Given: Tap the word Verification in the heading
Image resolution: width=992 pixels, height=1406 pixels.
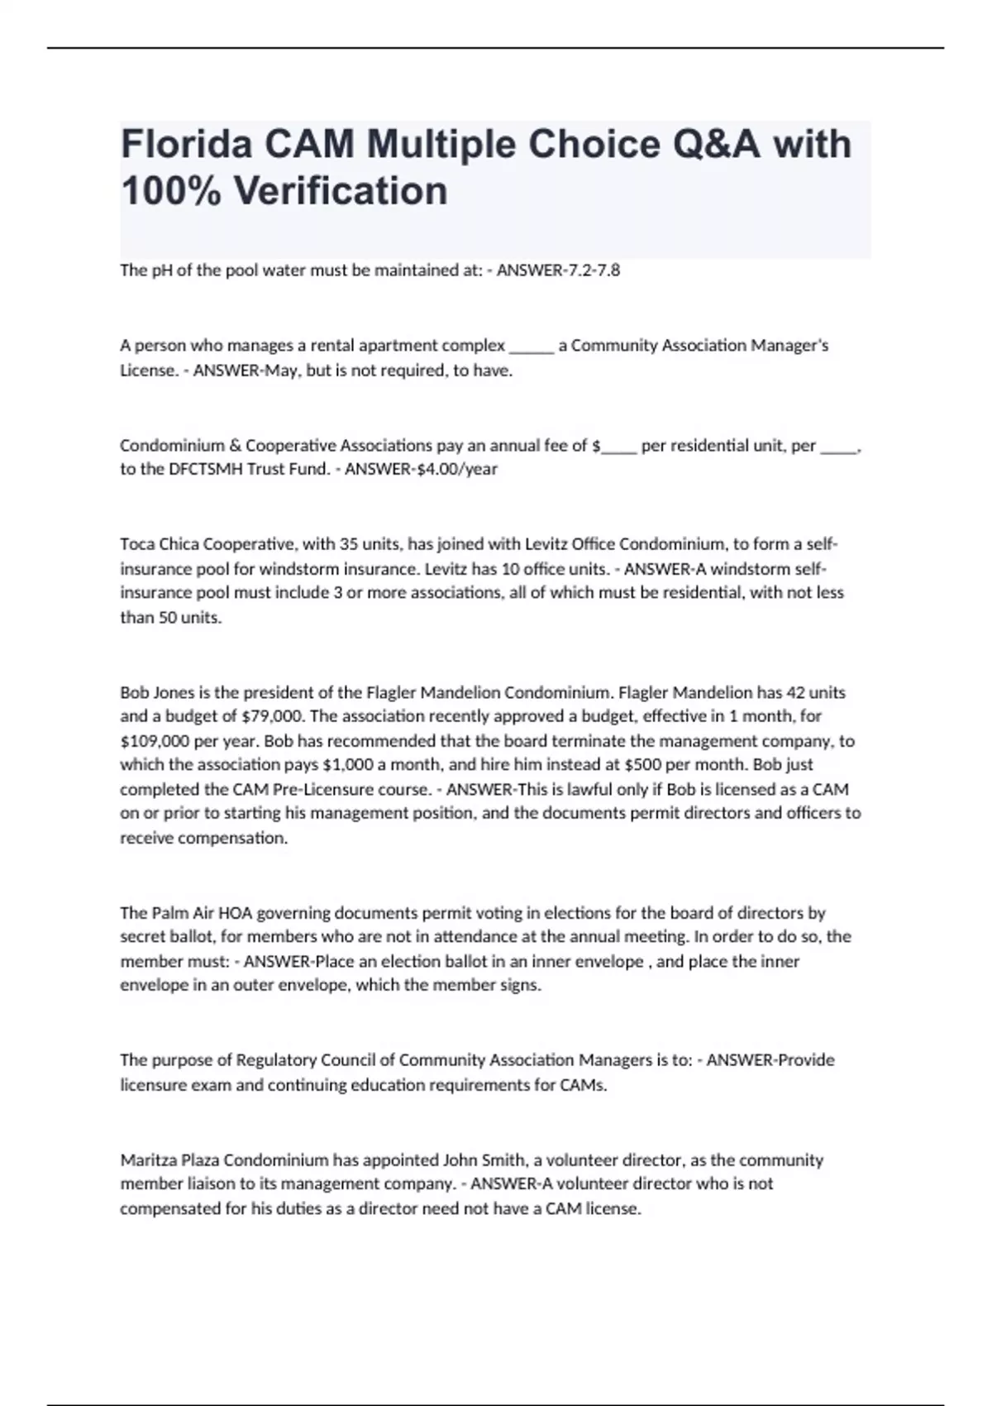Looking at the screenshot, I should (341, 191).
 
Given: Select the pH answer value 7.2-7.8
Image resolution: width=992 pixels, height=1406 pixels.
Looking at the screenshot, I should (590, 270).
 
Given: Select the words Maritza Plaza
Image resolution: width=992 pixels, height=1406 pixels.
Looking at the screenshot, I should (169, 1160).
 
